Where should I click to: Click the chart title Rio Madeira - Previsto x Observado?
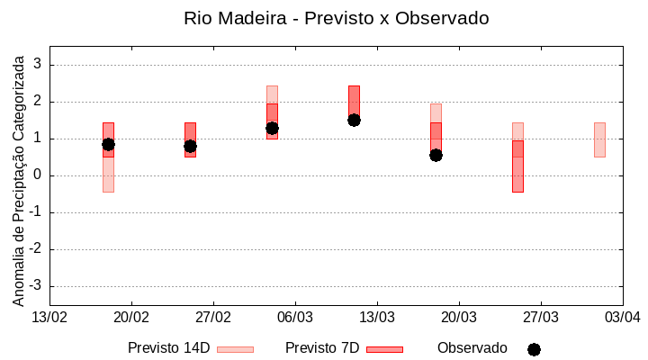point(336,18)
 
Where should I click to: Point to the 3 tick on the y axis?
point(37,65)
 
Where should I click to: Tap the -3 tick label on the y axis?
point(34,286)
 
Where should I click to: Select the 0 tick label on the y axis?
point(37,175)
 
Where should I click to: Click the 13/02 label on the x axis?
point(49,318)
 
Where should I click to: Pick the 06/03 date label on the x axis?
point(294,318)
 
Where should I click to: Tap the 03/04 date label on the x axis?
point(621,318)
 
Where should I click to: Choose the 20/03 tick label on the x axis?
point(458,318)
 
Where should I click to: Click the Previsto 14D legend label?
point(168,348)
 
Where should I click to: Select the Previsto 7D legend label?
point(322,348)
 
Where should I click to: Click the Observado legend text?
point(472,348)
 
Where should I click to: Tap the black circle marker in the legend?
point(534,349)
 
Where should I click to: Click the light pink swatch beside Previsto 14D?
point(235,349)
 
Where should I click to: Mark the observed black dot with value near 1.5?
point(354,120)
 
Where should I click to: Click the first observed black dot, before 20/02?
point(108,144)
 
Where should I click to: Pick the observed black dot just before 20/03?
point(436,155)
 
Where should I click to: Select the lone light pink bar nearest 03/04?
point(599,139)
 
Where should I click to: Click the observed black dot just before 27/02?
point(190,146)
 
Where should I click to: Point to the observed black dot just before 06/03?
point(272,128)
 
